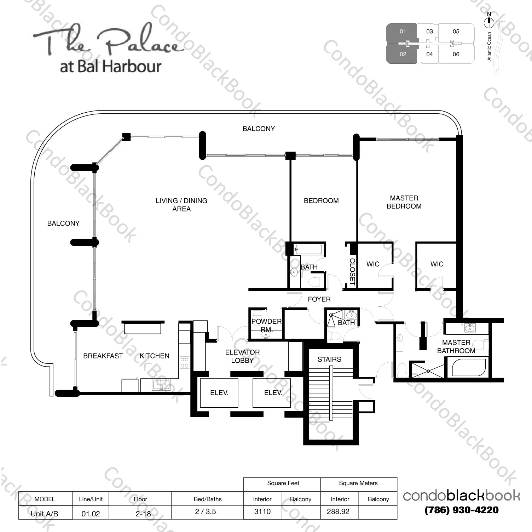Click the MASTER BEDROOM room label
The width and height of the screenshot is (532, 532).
click(404, 202)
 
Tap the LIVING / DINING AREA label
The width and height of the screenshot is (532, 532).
click(181, 205)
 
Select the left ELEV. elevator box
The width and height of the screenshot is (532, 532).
click(219, 393)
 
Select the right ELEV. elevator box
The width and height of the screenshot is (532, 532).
click(272, 393)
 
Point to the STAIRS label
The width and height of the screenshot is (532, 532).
click(329, 360)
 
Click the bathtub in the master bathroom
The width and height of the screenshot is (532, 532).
click(469, 367)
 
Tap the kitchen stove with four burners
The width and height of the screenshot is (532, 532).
click(184, 362)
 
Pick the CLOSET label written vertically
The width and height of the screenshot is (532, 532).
click(352, 272)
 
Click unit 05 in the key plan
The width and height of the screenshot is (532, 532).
click(456, 32)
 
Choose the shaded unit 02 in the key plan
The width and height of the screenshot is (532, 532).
click(403, 55)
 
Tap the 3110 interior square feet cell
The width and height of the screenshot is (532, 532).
click(262, 512)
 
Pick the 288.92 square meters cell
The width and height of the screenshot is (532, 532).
click(338, 512)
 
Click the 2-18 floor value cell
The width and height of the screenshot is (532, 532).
click(143, 513)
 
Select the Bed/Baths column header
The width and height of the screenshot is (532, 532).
click(207, 499)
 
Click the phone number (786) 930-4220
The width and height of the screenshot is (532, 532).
click(461, 510)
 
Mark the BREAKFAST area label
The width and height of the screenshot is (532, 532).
click(103, 356)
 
